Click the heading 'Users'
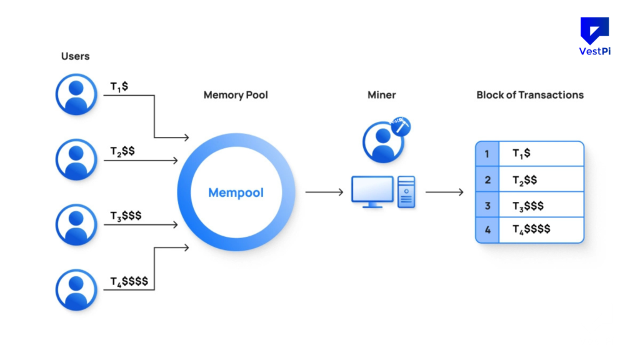pyautogui.click(x=75, y=56)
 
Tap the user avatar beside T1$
pyautogui.click(x=76, y=95)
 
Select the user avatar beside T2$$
pyautogui.click(x=76, y=160)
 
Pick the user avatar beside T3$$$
pyautogui.click(x=76, y=224)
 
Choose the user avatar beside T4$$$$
pyautogui.click(x=76, y=289)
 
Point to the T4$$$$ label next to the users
pyautogui.click(x=129, y=281)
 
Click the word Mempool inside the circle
pyautogui.click(x=236, y=192)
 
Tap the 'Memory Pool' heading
pyautogui.click(x=236, y=95)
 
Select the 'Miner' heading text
pyautogui.click(x=381, y=95)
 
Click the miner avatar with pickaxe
pyautogui.click(x=383, y=141)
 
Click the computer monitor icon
pyautogui.click(x=372, y=191)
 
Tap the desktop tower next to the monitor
pyautogui.click(x=406, y=191)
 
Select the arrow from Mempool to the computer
pyautogui.click(x=324, y=192)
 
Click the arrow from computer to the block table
pyautogui.click(x=444, y=192)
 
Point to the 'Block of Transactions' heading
pyautogui.click(x=530, y=95)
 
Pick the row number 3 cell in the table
pyautogui.click(x=487, y=205)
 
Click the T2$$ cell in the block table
pyautogui.click(x=525, y=179)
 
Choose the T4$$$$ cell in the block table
pyautogui.click(x=531, y=229)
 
